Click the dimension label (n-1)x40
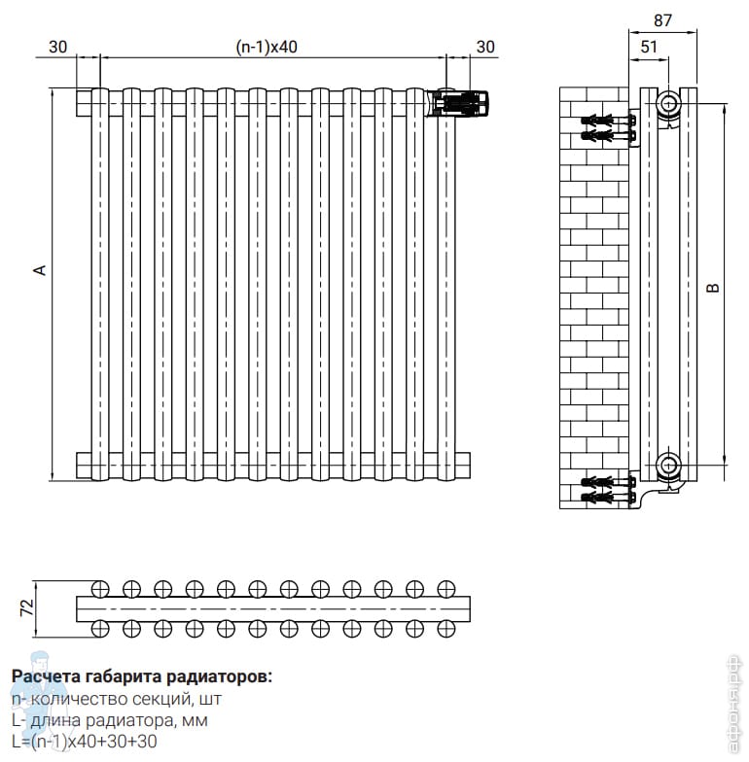pos(267,47)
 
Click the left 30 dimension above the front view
pos(58,47)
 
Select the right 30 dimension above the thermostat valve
pos(485,47)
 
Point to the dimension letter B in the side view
pos(712,288)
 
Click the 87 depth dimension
pos(663,20)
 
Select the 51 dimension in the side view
pos(649,47)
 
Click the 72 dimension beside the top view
pos(27,608)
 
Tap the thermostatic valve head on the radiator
pos(458,103)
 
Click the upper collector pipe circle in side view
pos(669,103)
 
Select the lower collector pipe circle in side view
pos(669,465)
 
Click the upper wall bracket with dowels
pos(609,127)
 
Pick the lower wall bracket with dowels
pos(609,490)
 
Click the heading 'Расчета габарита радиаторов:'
pos(142,676)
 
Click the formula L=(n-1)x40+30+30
pos(85,742)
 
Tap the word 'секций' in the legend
pos(160,700)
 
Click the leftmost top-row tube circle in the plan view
pos(100,589)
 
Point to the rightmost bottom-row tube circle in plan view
pos(446,628)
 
